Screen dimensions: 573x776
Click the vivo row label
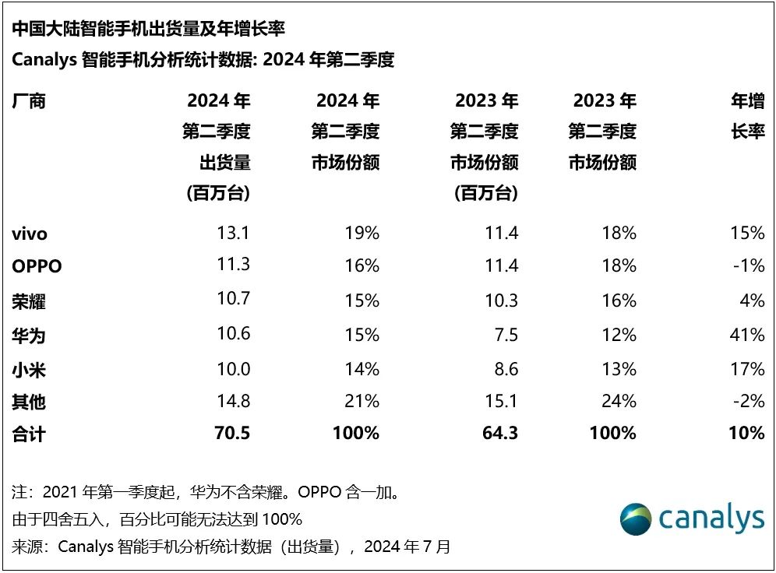30,234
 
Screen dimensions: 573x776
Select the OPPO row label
37,266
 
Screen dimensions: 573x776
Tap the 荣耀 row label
30,301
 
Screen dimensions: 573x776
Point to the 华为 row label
30,335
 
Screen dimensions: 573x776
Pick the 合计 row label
30,434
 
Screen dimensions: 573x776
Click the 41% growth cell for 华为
747,335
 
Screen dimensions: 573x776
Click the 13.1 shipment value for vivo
232,233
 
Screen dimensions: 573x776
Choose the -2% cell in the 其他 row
749,401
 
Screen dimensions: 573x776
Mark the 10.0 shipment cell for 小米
232,368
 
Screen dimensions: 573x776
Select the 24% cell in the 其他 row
619,401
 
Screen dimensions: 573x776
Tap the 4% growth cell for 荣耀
753,301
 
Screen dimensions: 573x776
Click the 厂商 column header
30,101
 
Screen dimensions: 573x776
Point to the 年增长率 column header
747,116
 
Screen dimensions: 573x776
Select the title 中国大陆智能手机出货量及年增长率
148,30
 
